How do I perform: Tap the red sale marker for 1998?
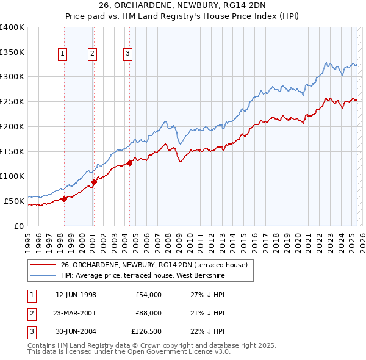pyautogui.click(x=64, y=198)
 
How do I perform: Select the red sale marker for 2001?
pyautogui.click(x=94, y=181)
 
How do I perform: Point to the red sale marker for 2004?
pyautogui.click(x=129, y=163)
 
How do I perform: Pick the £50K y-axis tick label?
pyautogui.click(x=15, y=201)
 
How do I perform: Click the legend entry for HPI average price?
pyautogui.click(x=142, y=276)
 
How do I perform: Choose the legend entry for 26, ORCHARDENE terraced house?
pyautogui.click(x=154, y=265)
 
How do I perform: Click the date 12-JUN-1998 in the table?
pyautogui.click(x=76, y=295)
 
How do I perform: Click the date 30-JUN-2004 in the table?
pyautogui.click(x=76, y=332)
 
